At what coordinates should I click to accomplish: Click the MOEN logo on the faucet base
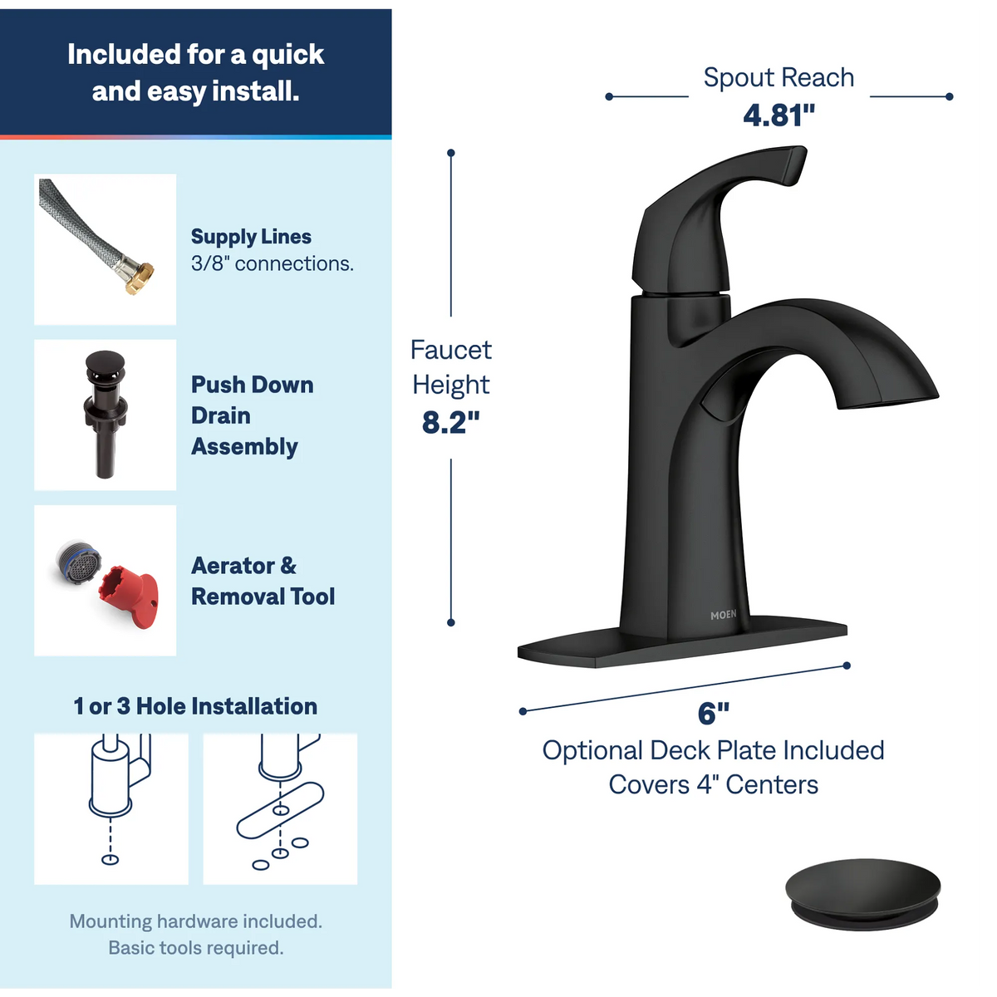pos(723,615)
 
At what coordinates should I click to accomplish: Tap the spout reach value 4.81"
pos(778,115)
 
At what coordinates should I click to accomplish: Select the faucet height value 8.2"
pos(450,422)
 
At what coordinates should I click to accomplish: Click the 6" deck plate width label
pos(713,715)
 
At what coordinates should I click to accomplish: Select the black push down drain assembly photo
pos(105,415)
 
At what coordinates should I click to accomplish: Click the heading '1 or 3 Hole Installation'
pos(195,706)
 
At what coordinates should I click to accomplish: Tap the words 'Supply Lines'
pos(251,237)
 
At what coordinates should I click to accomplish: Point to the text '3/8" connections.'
pos(273,263)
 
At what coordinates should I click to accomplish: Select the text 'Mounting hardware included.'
pos(195,921)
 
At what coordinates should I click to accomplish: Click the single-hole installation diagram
pos(111,808)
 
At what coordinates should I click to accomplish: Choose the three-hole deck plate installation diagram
pos(280,808)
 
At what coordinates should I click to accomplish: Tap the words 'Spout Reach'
pos(778,77)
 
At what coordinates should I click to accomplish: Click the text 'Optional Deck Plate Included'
pos(713,751)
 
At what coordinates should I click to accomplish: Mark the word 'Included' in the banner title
pos(124,54)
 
